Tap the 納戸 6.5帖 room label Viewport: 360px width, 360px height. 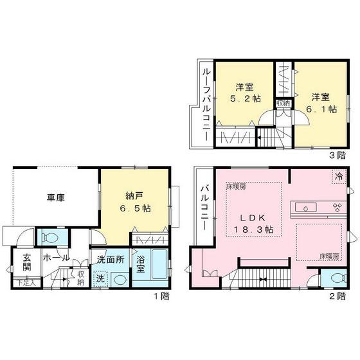pyautogui.click(x=136, y=202)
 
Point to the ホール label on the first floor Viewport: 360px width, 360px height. pyautogui.click(x=56, y=257)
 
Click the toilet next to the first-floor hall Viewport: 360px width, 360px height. pyautogui.click(x=49, y=237)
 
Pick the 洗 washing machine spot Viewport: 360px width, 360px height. pyautogui.click(x=100, y=279)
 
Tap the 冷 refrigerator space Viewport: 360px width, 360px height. pyautogui.click(x=337, y=175)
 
